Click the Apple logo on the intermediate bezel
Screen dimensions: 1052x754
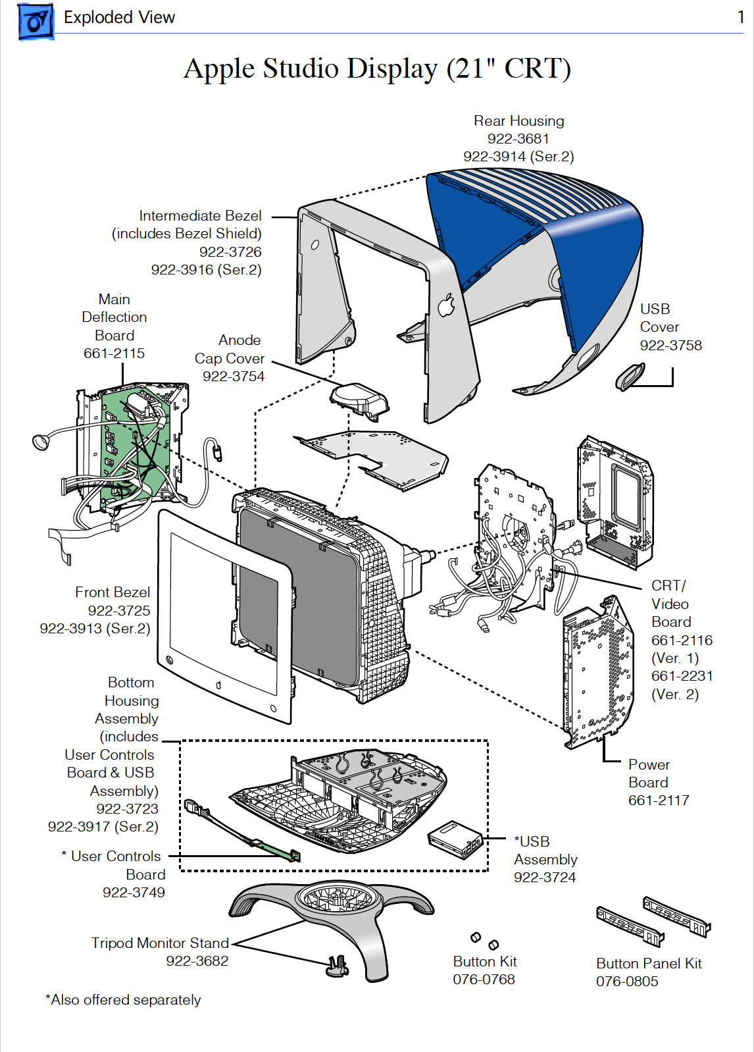(446, 305)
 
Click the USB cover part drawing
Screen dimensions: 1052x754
(630, 377)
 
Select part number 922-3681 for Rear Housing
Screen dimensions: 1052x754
(518, 139)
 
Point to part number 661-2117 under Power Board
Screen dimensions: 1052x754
(659, 801)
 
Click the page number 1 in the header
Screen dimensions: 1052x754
(740, 18)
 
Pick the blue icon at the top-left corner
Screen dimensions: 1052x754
(36, 21)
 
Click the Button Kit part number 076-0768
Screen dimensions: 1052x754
(484, 980)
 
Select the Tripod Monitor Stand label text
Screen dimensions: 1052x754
(160, 943)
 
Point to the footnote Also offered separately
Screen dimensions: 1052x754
(123, 1000)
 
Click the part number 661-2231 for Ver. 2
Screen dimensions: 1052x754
(682, 676)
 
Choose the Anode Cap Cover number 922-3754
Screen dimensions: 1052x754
(233, 377)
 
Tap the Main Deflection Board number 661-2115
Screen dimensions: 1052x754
(114, 354)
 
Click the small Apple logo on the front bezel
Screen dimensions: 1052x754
(219, 685)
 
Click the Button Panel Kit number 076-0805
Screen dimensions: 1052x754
(627, 982)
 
